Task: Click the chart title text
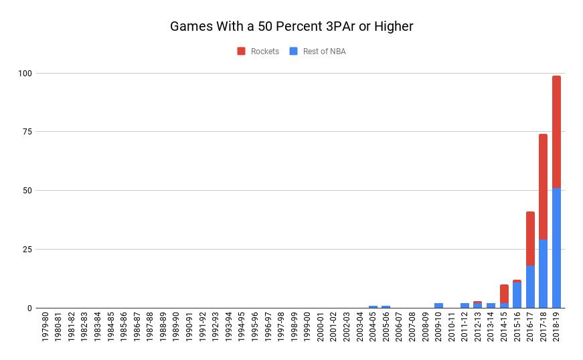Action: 291,27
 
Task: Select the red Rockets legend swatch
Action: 242,52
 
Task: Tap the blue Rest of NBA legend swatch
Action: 294,52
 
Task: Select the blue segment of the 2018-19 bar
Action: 556,248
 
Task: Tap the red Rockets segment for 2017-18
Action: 543,187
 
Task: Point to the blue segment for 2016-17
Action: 530,287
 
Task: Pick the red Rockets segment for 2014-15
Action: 504,294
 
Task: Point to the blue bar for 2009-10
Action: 438,306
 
